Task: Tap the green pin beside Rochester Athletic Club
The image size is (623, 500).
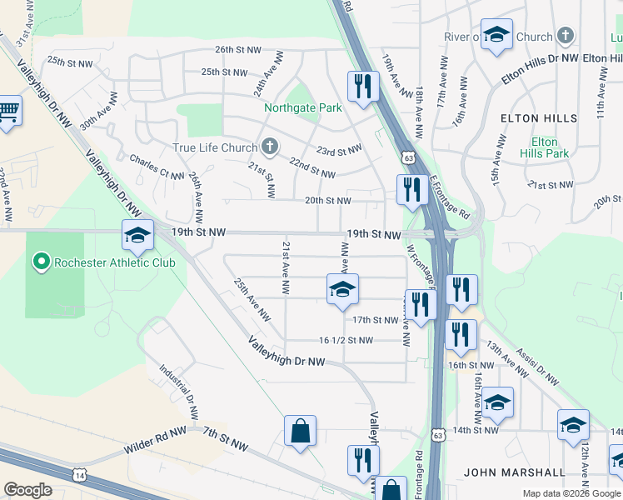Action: point(40,262)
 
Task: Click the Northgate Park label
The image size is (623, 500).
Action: point(303,108)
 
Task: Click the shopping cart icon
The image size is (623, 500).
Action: point(7,112)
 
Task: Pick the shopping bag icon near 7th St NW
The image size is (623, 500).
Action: point(300,431)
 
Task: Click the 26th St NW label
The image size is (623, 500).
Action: point(237,49)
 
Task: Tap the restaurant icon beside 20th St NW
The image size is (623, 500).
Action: point(410,190)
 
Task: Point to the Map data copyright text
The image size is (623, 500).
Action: point(571,493)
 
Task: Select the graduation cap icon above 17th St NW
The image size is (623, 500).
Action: point(341,290)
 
